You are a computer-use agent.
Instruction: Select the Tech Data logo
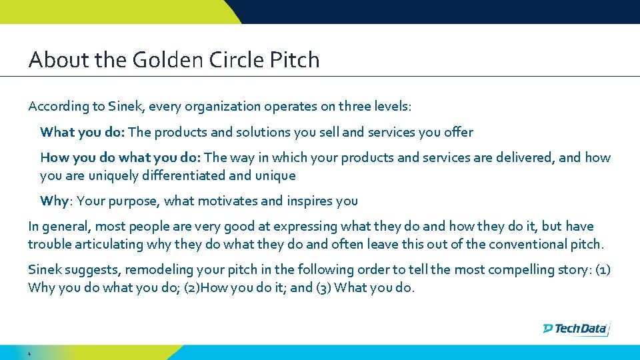(x=576, y=328)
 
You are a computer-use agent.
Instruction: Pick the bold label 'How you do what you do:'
(x=121, y=157)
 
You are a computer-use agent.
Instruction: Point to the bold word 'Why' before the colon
(x=54, y=201)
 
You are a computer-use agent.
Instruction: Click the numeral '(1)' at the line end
(x=601, y=269)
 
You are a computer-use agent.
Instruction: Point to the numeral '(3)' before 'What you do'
(x=323, y=288)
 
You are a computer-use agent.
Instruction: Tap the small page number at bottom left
(x=30, y=352)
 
